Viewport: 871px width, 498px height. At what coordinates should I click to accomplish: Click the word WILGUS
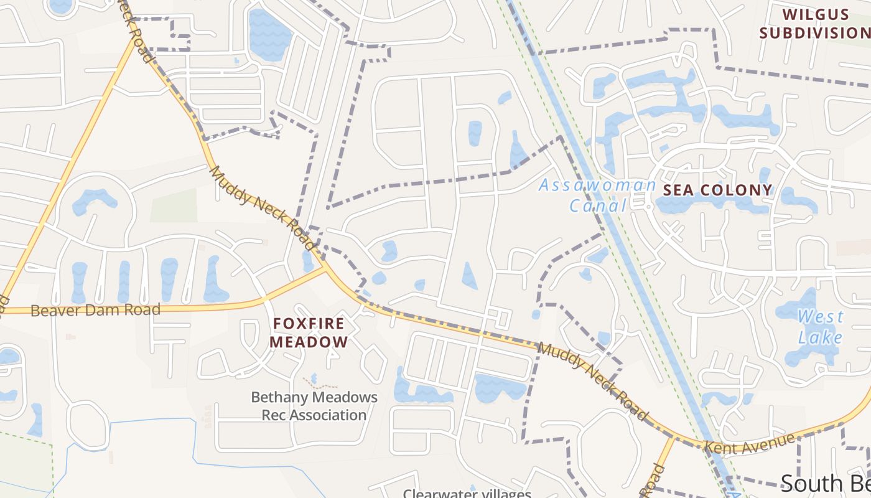tap(815, 14)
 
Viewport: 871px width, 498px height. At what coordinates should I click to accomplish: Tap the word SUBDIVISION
tap(815, 33)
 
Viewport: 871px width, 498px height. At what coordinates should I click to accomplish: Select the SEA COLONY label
tap(717, 190)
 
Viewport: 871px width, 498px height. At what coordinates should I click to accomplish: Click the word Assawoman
tap(597, 185)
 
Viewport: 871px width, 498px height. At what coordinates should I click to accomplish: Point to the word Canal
tap(597, 206)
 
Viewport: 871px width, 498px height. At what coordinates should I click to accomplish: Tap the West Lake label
tap(821, 327)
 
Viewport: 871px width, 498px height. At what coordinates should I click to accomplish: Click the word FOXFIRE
tap(309, 323)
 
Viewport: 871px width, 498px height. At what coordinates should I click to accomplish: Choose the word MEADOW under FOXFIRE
tap(309, 342)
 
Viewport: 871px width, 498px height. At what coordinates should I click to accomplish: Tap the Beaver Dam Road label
tap(95, 309)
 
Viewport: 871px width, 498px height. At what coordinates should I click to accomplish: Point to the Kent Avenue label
tap(749, 443)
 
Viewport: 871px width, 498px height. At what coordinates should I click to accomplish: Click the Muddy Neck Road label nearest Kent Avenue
tap(592, 380)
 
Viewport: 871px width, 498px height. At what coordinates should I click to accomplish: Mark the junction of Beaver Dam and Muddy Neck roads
tap(325, 270)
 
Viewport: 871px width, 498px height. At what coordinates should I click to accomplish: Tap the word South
tap(809, 484)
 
